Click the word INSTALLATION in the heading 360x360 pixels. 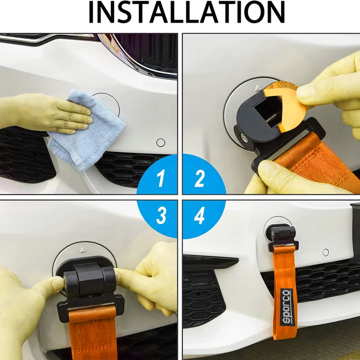click(x=187, y=12)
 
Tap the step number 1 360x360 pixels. click(x=161, y=178)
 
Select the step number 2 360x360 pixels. click(x=199, y=178)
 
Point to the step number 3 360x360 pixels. click(x=161, y=216)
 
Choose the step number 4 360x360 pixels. click(x=199, y=216)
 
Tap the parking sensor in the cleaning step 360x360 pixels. click(x=161, y=143)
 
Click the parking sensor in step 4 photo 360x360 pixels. click(x=325, y=252)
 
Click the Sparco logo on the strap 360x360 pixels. click(x=287, y=307)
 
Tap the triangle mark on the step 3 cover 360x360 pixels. click(x=83, y=250)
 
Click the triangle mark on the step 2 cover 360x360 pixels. click(x=258, y=87)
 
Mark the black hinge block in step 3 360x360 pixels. click(x=90, y=279)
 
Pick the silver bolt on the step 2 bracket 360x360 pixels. click(x=243, y=137)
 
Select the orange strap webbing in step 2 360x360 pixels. click(x=315, y=158)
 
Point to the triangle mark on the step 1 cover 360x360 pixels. click(x=103, y=98)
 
